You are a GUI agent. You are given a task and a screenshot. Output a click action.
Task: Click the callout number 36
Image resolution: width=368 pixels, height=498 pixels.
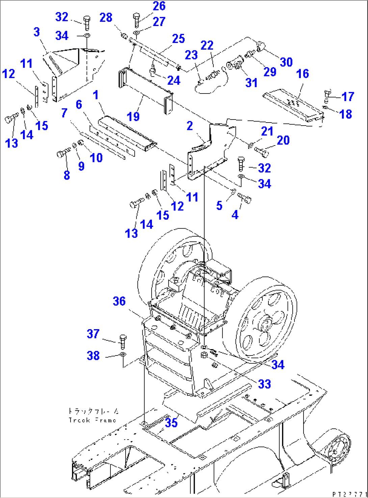click(119, 301)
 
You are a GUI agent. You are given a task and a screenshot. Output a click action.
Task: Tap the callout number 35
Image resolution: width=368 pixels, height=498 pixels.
click(171, 423)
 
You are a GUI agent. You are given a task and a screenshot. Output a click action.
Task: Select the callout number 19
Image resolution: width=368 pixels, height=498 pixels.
click(133, 116)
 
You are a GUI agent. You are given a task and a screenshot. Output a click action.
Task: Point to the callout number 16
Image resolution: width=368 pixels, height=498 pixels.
click(302, 74)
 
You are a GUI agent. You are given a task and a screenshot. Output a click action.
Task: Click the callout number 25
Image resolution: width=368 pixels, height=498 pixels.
click(178, 39)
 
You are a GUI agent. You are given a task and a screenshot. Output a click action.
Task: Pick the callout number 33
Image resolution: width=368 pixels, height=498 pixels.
click(264, 384)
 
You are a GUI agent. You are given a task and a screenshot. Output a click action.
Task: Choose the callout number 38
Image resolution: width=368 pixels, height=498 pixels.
click(93, 356)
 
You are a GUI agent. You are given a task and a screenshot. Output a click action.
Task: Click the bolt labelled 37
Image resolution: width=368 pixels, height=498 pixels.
click(123, 341)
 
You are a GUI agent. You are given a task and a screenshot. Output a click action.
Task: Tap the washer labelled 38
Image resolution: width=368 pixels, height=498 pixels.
click(123, 355)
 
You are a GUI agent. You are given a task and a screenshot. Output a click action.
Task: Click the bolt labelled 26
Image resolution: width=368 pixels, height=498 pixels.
click(137, 19)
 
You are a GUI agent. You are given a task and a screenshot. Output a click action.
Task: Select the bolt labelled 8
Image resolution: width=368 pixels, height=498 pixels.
click(62, 155)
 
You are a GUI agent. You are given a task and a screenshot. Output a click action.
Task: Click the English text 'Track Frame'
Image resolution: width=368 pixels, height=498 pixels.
click(92, 420)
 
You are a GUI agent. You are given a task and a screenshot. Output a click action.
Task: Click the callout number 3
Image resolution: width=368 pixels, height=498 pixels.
click(37, 32)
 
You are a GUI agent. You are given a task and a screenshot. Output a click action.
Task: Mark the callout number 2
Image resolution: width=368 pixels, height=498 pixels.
click(190, 126)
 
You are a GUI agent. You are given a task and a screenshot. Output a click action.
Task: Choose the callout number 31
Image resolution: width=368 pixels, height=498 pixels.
click(251, 82)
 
